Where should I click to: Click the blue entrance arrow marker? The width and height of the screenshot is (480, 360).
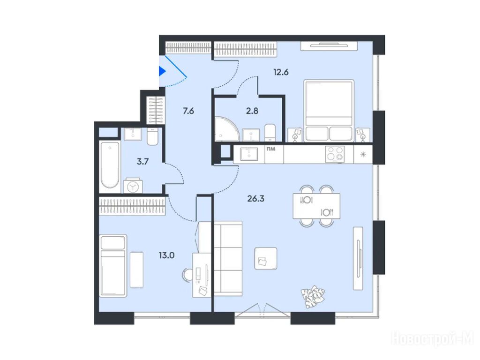[162, 71]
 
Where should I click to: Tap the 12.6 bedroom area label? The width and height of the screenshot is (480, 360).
[281, 72]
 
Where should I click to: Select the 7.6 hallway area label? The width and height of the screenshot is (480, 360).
[188, 111]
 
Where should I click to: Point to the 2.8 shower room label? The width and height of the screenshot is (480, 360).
[252, 111]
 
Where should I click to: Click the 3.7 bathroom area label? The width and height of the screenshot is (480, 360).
[142, 161]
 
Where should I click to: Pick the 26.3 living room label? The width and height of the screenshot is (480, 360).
[255, 199]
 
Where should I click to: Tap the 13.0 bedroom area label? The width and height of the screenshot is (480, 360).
[166, 255]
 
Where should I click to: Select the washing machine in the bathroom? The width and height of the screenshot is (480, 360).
[133, 186]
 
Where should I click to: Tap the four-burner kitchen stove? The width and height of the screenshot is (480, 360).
[335, 154]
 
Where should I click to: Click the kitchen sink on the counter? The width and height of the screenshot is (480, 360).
[249, 154]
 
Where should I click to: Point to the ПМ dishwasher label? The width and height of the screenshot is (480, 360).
[271, 149]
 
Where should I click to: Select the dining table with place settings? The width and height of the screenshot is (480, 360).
[316, 206]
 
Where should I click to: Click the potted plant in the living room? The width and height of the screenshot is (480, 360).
[313, 296]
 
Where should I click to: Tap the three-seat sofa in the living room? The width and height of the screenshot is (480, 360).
[228, 259]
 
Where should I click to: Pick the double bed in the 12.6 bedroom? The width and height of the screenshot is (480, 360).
[329, 111]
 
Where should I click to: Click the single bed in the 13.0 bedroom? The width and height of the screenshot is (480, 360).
[113, 266]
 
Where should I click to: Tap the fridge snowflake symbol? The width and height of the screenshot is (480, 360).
[363, 154]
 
